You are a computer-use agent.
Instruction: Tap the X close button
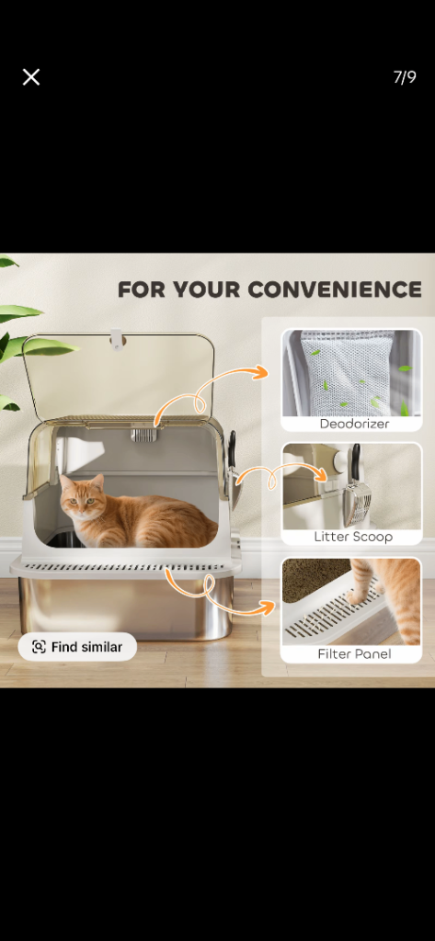(x=31, y=77)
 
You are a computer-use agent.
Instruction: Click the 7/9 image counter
(x=405, y=77)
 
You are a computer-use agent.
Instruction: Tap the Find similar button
(x=77, y=647)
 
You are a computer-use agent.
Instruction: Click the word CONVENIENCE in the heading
(x=335, y=289)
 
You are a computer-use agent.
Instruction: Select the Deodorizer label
(x=354, y=424)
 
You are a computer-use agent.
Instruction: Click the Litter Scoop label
(x=352, y=537)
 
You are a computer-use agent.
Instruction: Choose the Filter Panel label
(x=354, y=653)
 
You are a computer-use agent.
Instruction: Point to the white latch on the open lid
(x=117, y=341)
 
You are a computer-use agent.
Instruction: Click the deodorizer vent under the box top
(x=143, y=434)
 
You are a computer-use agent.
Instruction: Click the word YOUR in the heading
(x=206, y=289)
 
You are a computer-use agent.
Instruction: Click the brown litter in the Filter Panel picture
(x=313, y=578)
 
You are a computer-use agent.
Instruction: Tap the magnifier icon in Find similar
(x=39, y=647)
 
